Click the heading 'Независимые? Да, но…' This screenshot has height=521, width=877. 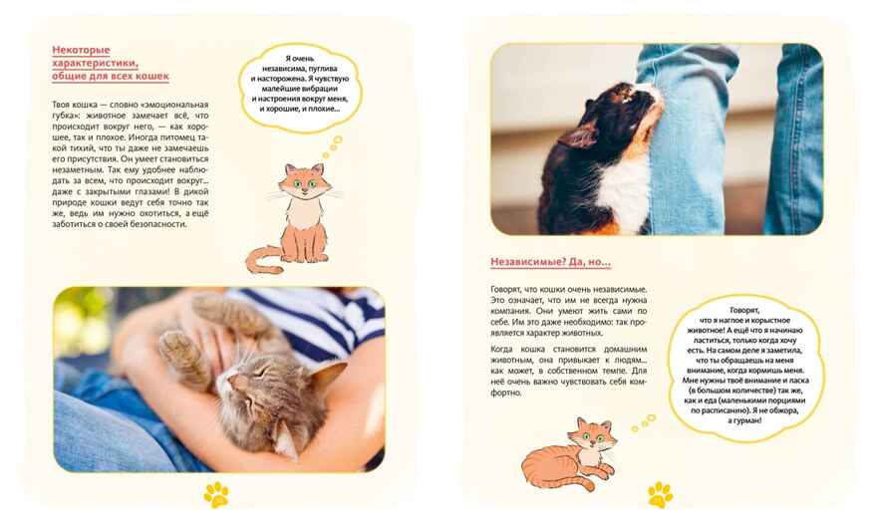click(x=550, y=262)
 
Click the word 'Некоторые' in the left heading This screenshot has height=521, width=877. click(x=81, y=51)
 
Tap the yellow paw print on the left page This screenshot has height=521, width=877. click(x=216, y=494)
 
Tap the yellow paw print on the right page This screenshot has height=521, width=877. click(x=661, y=494)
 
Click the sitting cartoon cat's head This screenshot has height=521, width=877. click(x=305, y=181)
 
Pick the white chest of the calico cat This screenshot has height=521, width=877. click(x=624, y=190)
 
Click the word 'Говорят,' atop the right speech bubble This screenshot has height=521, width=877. click(x=744, y=310)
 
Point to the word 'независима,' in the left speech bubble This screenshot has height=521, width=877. click(x=284, y=68)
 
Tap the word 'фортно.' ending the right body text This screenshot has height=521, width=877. click(x=506, y=392)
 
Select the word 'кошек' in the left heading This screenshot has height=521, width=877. click(x=154, y=76)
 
